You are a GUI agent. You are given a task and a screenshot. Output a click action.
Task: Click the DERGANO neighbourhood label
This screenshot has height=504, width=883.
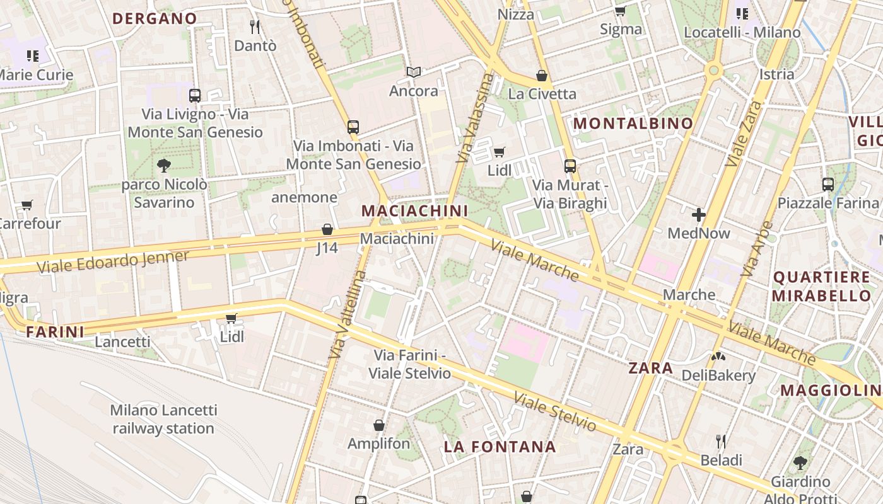coord(155,19)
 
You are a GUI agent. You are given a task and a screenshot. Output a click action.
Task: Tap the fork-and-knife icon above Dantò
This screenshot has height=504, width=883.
coord(255,27)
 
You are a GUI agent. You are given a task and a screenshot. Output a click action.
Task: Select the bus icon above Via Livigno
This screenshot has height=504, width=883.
coord(195,96)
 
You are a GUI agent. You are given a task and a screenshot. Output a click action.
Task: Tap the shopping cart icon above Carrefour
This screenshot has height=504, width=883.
coord(27,205)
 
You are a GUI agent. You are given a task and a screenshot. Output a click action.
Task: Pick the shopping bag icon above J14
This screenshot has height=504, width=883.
coord(327,229)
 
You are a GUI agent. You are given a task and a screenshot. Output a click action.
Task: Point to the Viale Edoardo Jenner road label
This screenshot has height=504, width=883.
coord(113,261)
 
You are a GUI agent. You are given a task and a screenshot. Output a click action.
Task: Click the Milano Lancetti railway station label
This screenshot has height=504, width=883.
coord(163,420)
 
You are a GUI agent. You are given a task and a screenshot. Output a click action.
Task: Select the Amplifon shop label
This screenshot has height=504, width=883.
coord(378,444)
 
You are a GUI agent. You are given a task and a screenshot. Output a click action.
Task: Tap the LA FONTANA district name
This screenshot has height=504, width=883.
coord(500,447)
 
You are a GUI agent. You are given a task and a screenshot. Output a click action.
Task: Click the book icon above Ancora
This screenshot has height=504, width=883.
coord(413,72)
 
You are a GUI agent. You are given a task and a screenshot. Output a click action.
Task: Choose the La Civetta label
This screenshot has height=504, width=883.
coord(542,94)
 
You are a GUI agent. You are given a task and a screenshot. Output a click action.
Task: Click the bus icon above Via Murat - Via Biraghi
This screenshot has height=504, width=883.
coord(570,166)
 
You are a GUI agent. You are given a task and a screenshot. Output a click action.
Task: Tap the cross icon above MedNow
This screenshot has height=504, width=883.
coord(698,215)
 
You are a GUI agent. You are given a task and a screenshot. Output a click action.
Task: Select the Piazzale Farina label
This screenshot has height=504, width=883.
coord(827,203)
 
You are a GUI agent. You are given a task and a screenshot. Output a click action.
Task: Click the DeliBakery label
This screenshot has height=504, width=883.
coord(718,375)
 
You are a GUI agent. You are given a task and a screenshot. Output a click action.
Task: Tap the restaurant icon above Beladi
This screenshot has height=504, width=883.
coord(721,441)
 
